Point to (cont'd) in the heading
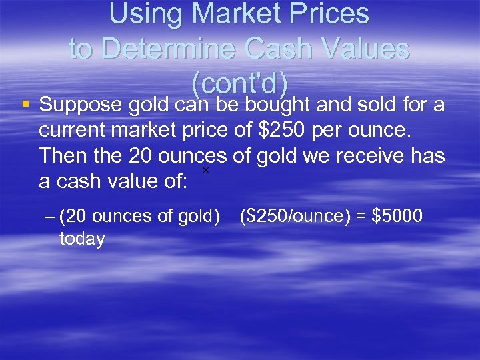point(240,83)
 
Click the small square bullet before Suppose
point(25,104)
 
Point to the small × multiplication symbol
point(205,171)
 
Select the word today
point(82,239)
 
